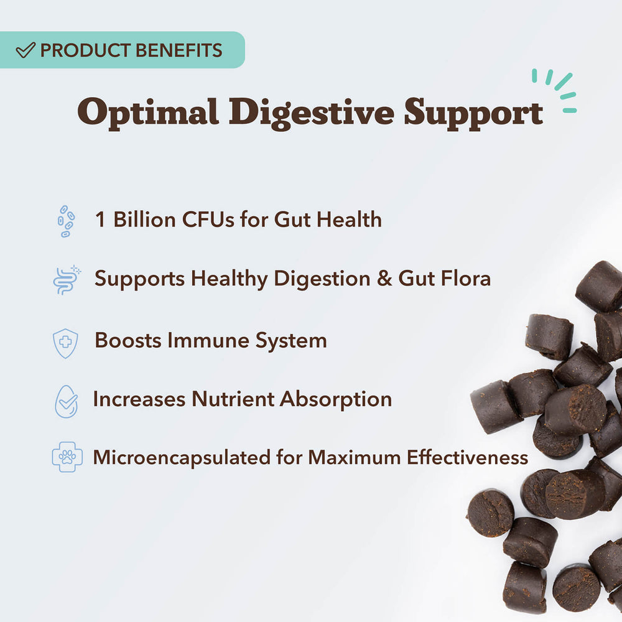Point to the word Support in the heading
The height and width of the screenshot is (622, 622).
coord(473,113)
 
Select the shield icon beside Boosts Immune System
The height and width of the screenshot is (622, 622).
coord(66,342)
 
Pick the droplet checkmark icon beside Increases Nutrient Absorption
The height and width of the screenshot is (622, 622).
coord(66,401)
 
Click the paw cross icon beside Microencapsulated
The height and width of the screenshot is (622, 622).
coord(67,458)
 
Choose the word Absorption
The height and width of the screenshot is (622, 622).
coord(336,399)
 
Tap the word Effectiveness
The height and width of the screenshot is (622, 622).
coord(467,458)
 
